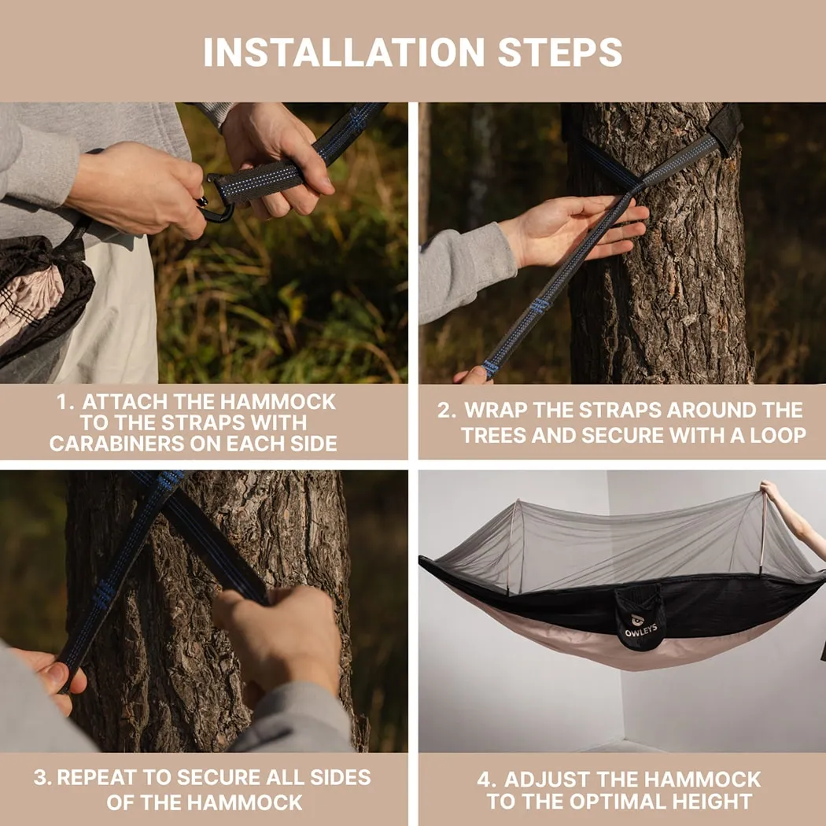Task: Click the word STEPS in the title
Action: (x=559, y=52)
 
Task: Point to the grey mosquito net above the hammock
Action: (x=621, y=543)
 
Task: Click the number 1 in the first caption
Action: (x=63, y=402)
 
